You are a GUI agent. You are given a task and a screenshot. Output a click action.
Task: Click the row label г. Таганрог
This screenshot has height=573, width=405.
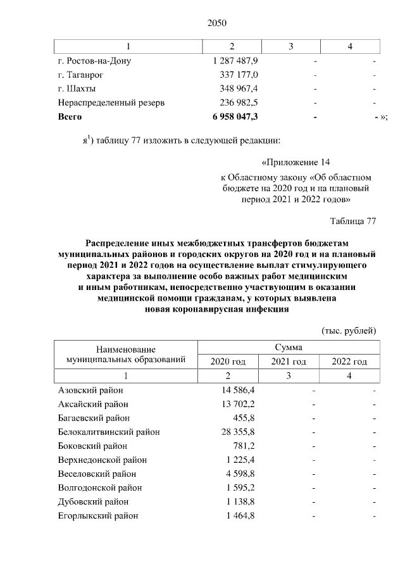pyautogui.click(x=82, y=75)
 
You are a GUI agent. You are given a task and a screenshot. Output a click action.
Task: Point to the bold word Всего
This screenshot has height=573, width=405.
pyautogui.click(x=70, y=116)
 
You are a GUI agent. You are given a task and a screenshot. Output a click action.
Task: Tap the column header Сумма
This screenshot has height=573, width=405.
pyautogui.click(x=288, y=348)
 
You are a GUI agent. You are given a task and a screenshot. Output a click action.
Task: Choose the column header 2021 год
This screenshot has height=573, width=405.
pyautogui.click(x=289, y=362)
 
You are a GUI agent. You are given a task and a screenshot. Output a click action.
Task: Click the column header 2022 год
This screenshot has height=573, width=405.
pyautogui.click(x=349, y=362)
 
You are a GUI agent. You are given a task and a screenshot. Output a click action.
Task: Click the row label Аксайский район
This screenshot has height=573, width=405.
pyautogui.click(x=93, y=404)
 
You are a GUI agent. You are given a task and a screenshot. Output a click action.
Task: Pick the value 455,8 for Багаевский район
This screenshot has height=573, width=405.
pyautogui.click(x=244, y=418)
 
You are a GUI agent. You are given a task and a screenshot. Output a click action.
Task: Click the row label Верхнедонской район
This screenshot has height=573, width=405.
pyautogui.click(x=102, y=460)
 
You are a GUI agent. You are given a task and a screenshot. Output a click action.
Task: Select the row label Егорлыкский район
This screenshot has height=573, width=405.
pyautogui.click(x=97, y=515)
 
